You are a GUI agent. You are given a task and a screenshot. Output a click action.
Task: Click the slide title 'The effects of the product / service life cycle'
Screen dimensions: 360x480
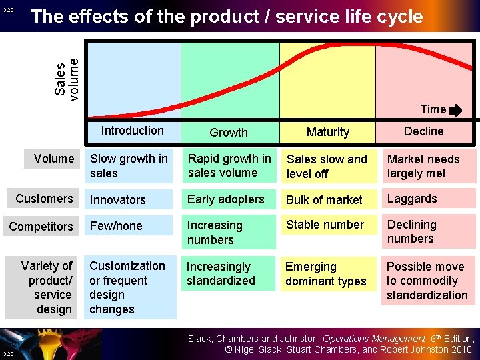[x=227, y=17]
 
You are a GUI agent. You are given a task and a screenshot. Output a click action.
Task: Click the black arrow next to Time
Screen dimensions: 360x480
[x=456, y=110]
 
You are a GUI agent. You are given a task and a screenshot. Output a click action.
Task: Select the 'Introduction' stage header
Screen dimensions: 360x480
[x=132, y=131]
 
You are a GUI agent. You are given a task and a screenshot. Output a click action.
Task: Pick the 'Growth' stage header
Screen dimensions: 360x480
[x=229, y=132]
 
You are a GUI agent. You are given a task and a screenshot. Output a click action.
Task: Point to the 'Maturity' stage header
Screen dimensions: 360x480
[x=327, y=132]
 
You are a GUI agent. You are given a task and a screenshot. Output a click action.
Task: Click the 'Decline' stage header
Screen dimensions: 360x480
[x=423, y=131]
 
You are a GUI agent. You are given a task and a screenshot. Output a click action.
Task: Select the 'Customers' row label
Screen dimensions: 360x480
[x=44, y=199]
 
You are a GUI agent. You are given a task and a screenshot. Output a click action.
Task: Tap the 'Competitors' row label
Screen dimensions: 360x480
[x=41, y=226]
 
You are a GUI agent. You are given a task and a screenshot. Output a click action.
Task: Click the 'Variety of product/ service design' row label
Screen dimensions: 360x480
[x=47, y=287]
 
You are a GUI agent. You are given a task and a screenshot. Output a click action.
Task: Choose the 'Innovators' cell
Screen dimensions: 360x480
[x=117, y=199]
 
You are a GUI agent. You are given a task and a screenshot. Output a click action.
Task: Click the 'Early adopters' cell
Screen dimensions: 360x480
[x=225, y=199]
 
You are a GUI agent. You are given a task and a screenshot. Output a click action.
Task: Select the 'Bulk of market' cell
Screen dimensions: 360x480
[x=324, y=199]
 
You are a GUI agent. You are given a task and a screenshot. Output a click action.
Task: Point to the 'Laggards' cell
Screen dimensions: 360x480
[x=412, y=199]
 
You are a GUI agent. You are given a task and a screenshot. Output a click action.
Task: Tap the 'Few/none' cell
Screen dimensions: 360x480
[x=116, y=226]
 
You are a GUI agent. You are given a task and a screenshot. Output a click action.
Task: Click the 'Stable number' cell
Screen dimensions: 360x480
[x=325, y=225]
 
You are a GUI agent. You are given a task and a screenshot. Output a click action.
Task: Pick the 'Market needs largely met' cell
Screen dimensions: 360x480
[x=423, y=167]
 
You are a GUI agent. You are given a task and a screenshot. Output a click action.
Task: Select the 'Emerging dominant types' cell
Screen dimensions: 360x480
[x=325, y=274]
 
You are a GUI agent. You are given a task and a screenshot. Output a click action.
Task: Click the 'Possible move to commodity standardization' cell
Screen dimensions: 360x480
[x=427, y=281]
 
